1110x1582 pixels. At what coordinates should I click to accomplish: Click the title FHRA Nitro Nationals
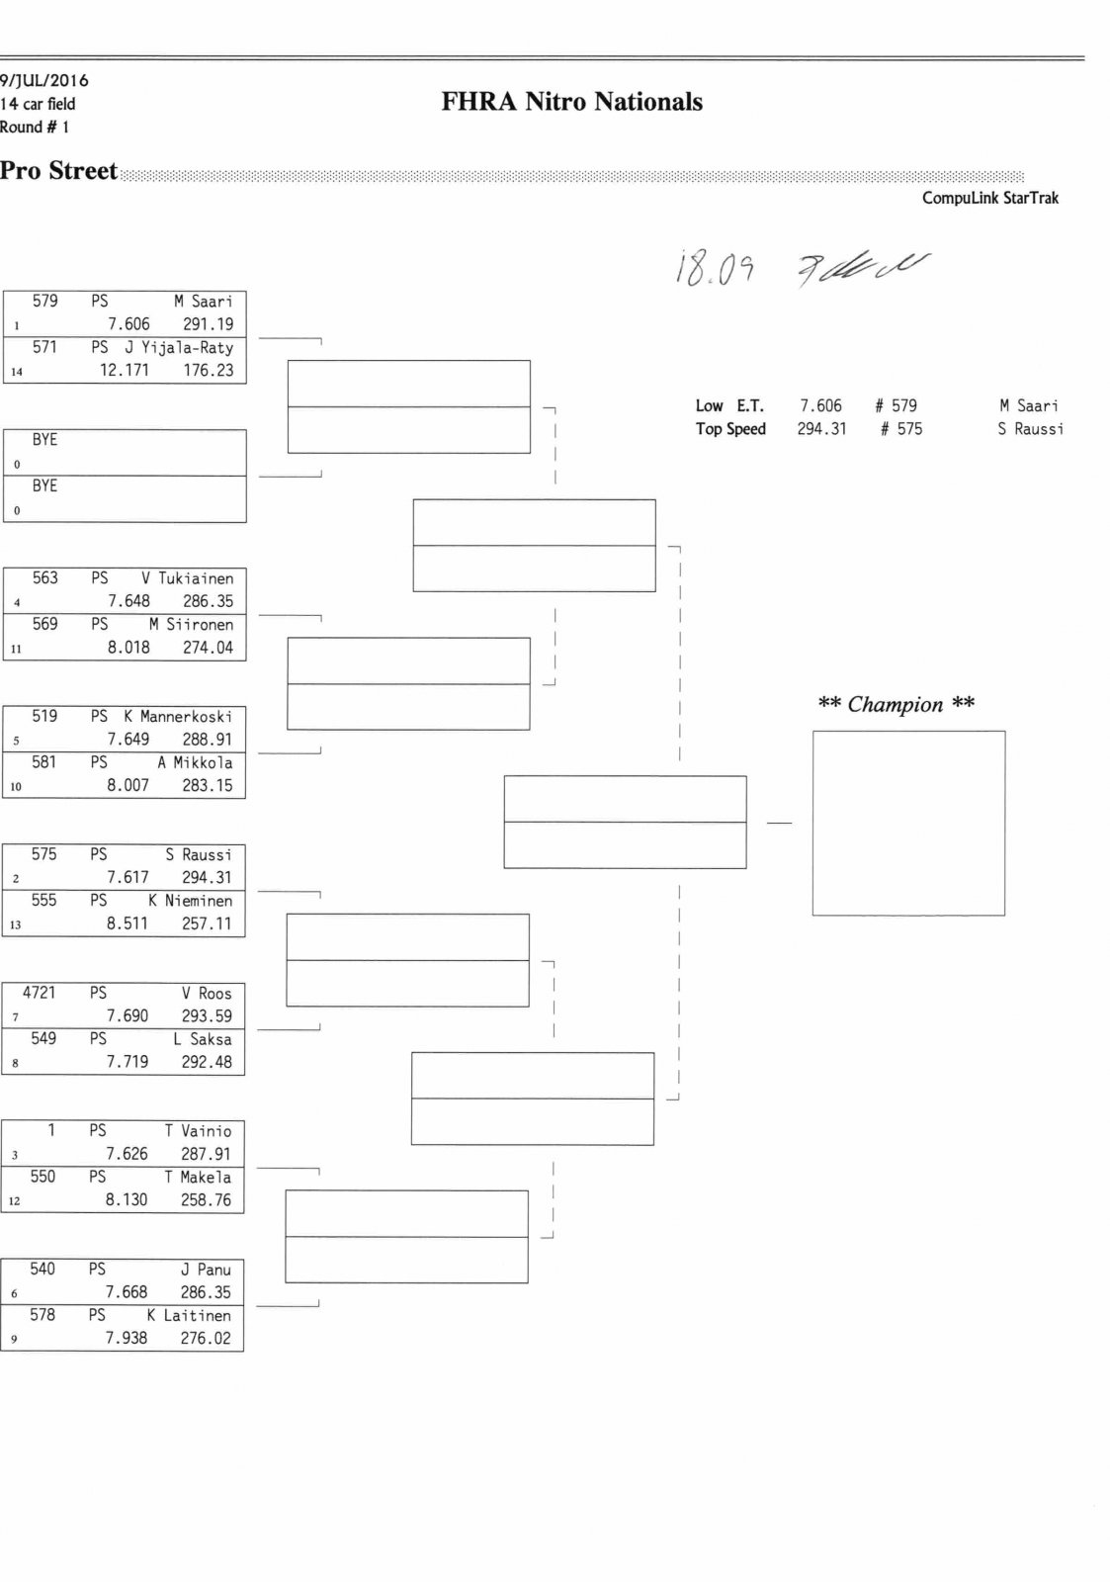point(571,102)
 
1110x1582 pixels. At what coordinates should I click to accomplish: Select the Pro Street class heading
point(58,171)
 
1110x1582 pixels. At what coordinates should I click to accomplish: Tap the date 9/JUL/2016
point(44,80)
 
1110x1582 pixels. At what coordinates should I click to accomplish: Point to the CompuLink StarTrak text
point(989,198)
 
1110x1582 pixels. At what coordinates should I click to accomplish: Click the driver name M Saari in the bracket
point(204,302)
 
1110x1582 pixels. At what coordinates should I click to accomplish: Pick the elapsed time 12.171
point(125,371)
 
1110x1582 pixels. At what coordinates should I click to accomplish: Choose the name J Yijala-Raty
point(179,348)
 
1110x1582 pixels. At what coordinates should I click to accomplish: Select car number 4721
point(40,993)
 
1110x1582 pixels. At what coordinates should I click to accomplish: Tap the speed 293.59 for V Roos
point(207,1015)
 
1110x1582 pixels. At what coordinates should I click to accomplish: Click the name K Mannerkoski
point(178,717)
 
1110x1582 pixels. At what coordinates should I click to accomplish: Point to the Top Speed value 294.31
point(821,429)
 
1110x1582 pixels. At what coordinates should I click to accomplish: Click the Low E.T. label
point(729,406)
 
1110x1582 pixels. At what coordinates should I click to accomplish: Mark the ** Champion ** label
point(896,705)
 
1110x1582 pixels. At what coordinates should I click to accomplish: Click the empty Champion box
point(908,823)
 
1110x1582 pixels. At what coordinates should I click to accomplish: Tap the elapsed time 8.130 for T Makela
point(127,1200)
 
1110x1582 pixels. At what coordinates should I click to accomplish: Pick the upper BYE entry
point(44,440)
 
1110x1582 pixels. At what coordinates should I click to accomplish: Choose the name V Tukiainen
point(187,578)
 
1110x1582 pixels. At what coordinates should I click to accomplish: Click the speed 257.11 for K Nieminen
point(207,923)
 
